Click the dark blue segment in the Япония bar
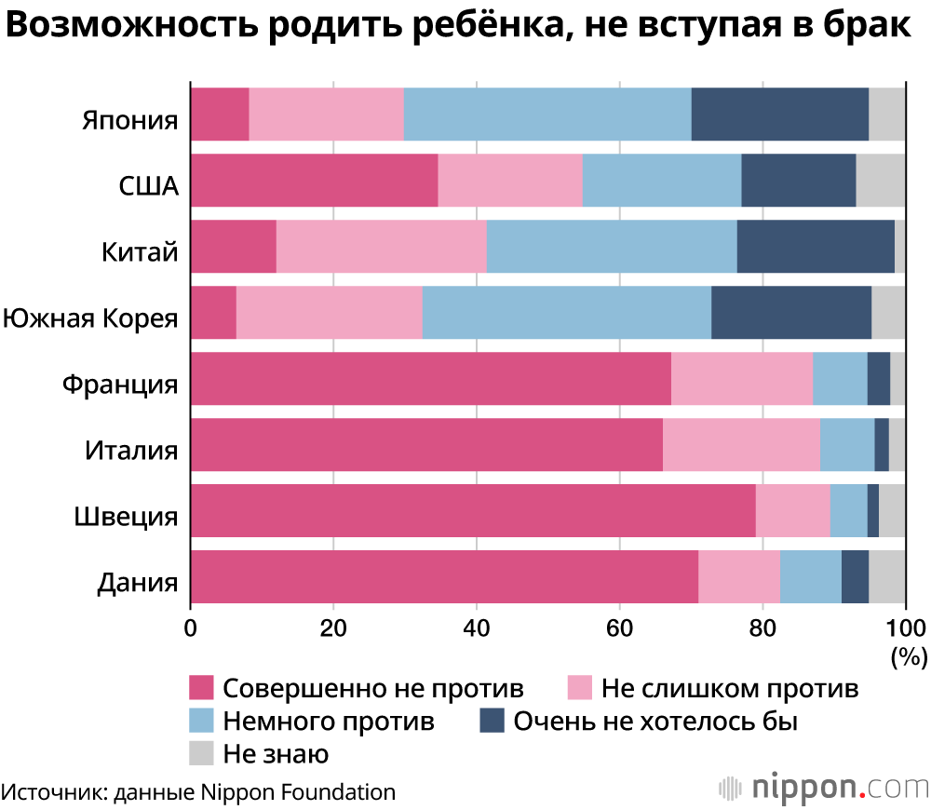pos(780,114)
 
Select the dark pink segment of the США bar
pos(314,180)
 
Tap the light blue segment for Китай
pos(612,247)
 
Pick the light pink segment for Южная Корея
pos(330,312)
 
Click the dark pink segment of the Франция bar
pos(431,378)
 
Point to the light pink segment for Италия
pos(742,445)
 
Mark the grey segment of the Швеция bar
pos(892,511)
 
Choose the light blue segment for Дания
pos(811,576)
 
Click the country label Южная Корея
pos(90,318)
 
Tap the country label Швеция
pos(126,517)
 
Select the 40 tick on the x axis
pos(476,628)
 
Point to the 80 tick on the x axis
pos(762,628)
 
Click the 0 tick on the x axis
pos(191,628)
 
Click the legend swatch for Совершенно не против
pos(201,688)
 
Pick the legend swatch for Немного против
pos(201,721)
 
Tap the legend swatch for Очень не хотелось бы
pos(492,721)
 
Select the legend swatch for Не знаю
pos(201,753)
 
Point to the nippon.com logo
pos(824,788)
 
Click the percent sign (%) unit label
pos(909,657)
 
